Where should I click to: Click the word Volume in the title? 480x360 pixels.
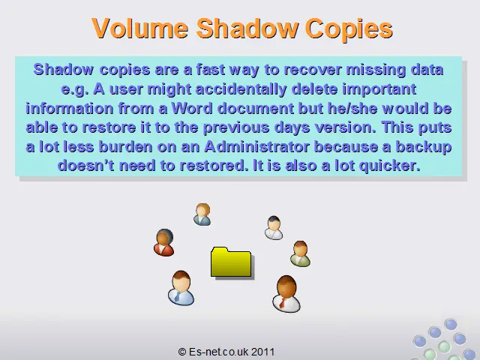[140, 28]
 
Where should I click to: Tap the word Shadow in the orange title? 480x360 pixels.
[247, 28]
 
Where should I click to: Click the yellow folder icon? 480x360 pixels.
[232, 262]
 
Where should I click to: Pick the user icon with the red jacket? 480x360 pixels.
[164, 242]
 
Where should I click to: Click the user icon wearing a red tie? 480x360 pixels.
[286, 294]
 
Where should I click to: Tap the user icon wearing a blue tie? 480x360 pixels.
[181, 288]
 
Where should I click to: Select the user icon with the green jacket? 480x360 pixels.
[300, 253]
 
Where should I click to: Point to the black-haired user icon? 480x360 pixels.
[274, 228]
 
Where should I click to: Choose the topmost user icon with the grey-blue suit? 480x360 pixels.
[202, 214]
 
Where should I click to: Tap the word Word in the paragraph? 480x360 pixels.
[192, 108]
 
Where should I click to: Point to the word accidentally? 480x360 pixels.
[241, 90]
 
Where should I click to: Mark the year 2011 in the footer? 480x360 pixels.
[263, 352]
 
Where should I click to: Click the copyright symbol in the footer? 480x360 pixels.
[182, 352]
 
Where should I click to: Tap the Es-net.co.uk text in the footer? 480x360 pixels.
[218, 352]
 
